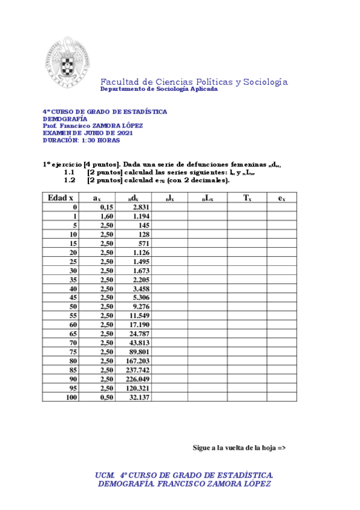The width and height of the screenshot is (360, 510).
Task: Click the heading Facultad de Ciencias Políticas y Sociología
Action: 194,82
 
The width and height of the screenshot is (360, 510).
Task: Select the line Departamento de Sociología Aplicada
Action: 159,89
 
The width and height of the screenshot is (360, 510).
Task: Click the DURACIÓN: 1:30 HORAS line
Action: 81,140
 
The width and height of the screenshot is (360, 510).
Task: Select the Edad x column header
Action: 61,197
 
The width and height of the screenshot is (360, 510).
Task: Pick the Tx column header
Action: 246,197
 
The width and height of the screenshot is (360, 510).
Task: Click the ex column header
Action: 281,197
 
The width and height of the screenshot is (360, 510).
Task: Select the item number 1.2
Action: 69,180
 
